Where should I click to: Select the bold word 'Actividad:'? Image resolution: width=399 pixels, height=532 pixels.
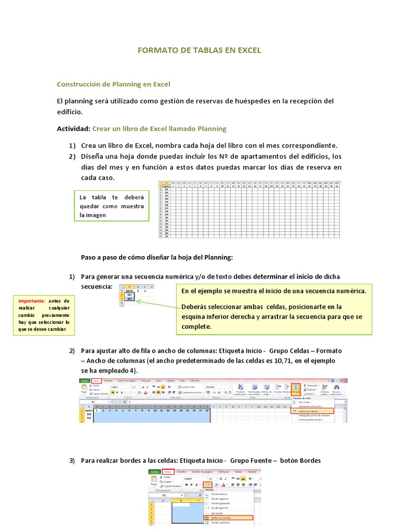click(73, 128)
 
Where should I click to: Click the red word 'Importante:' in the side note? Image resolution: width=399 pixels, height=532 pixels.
click(32, 301)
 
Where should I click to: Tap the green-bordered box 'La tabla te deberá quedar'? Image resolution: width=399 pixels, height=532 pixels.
click(112, 206)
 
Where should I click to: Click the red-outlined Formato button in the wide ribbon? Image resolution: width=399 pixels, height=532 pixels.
click(295, 389)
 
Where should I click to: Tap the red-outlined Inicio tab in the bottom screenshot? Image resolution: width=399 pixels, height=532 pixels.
click(167, 472)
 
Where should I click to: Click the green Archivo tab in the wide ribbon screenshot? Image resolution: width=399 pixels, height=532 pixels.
click(84, 380)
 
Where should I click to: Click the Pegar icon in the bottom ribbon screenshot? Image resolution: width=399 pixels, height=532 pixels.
click(154, 481)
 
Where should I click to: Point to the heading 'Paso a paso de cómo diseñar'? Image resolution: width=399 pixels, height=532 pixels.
click(157, 257)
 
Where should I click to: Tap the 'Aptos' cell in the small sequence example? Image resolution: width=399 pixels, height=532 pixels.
click(129, 290)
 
